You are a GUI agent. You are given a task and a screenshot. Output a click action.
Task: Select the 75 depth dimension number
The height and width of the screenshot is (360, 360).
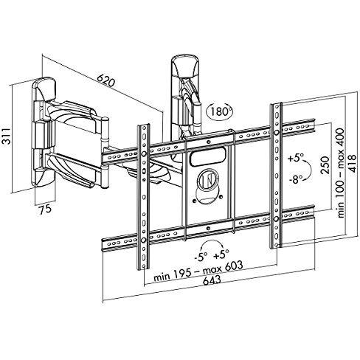[46, 209]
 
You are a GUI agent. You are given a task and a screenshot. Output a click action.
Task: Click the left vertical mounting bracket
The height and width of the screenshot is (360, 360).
[142, 199]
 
